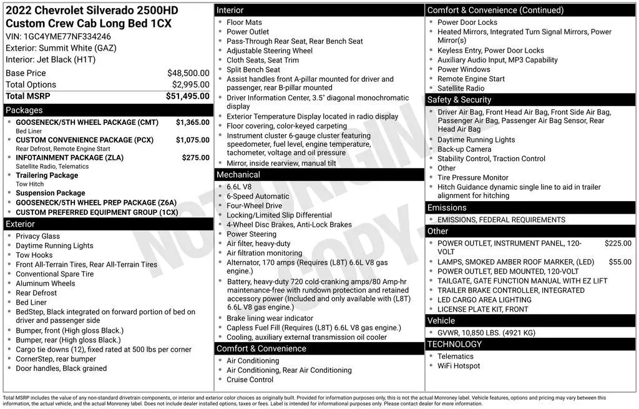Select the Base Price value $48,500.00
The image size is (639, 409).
tap(188, 73)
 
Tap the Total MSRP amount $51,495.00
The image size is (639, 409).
tap(187, 96)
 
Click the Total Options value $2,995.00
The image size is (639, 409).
tap(190, 84)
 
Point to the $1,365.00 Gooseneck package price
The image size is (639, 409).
tap(192, 122)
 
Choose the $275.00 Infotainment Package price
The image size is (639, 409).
tap(195, 158)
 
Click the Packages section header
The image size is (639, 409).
tap(24, 111)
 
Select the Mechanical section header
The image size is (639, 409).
tap(238, 175)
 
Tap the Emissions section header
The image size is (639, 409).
tap(447, 208)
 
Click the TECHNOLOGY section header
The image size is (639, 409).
tap(454, 344)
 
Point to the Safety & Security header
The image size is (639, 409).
tap(459, 100)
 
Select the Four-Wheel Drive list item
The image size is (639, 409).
tap(254, 205)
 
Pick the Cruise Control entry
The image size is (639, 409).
tap(250, 380)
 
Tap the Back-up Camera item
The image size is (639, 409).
tap(464, 149)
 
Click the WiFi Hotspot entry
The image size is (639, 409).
tap(459, 366)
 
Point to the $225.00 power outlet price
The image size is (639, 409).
tap(618, 244)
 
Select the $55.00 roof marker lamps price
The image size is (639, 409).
tap(620, 262)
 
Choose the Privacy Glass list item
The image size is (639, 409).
tap(37, 236)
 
